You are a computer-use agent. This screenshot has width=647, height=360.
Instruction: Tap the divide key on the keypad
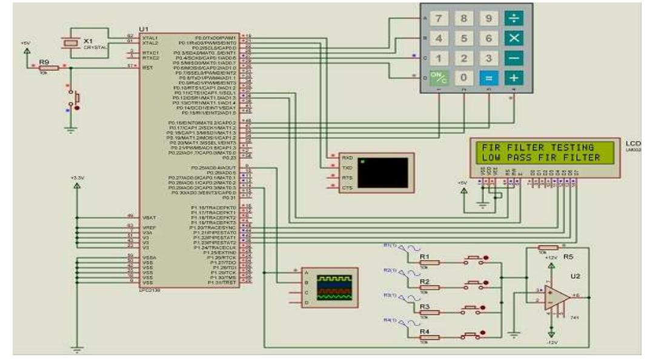(x=513, y=19)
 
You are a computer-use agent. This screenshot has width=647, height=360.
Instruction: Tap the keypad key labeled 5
(x=464, y=39)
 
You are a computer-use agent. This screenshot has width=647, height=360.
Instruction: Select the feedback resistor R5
(x=548, y=247)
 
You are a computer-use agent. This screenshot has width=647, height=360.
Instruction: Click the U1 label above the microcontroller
(x=144, y=28)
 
